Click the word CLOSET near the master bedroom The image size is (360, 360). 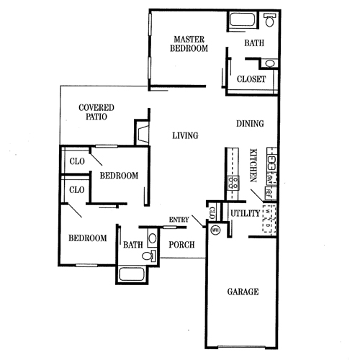coord(251,79)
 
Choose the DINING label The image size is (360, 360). coord(250,124)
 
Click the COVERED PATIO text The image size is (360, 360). coord(96,112)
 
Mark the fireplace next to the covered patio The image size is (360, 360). coord(140,134)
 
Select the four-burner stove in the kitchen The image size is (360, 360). coord(233,183)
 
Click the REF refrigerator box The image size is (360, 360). coord(269,192)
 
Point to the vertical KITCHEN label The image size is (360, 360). coord(253,165)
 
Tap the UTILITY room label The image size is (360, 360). coord(245,213)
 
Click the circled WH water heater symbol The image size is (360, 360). coord(215,230)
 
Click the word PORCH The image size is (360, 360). coord(181,245)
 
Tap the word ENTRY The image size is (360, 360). coord(179,220)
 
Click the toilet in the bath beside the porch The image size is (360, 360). coord(150,255)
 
